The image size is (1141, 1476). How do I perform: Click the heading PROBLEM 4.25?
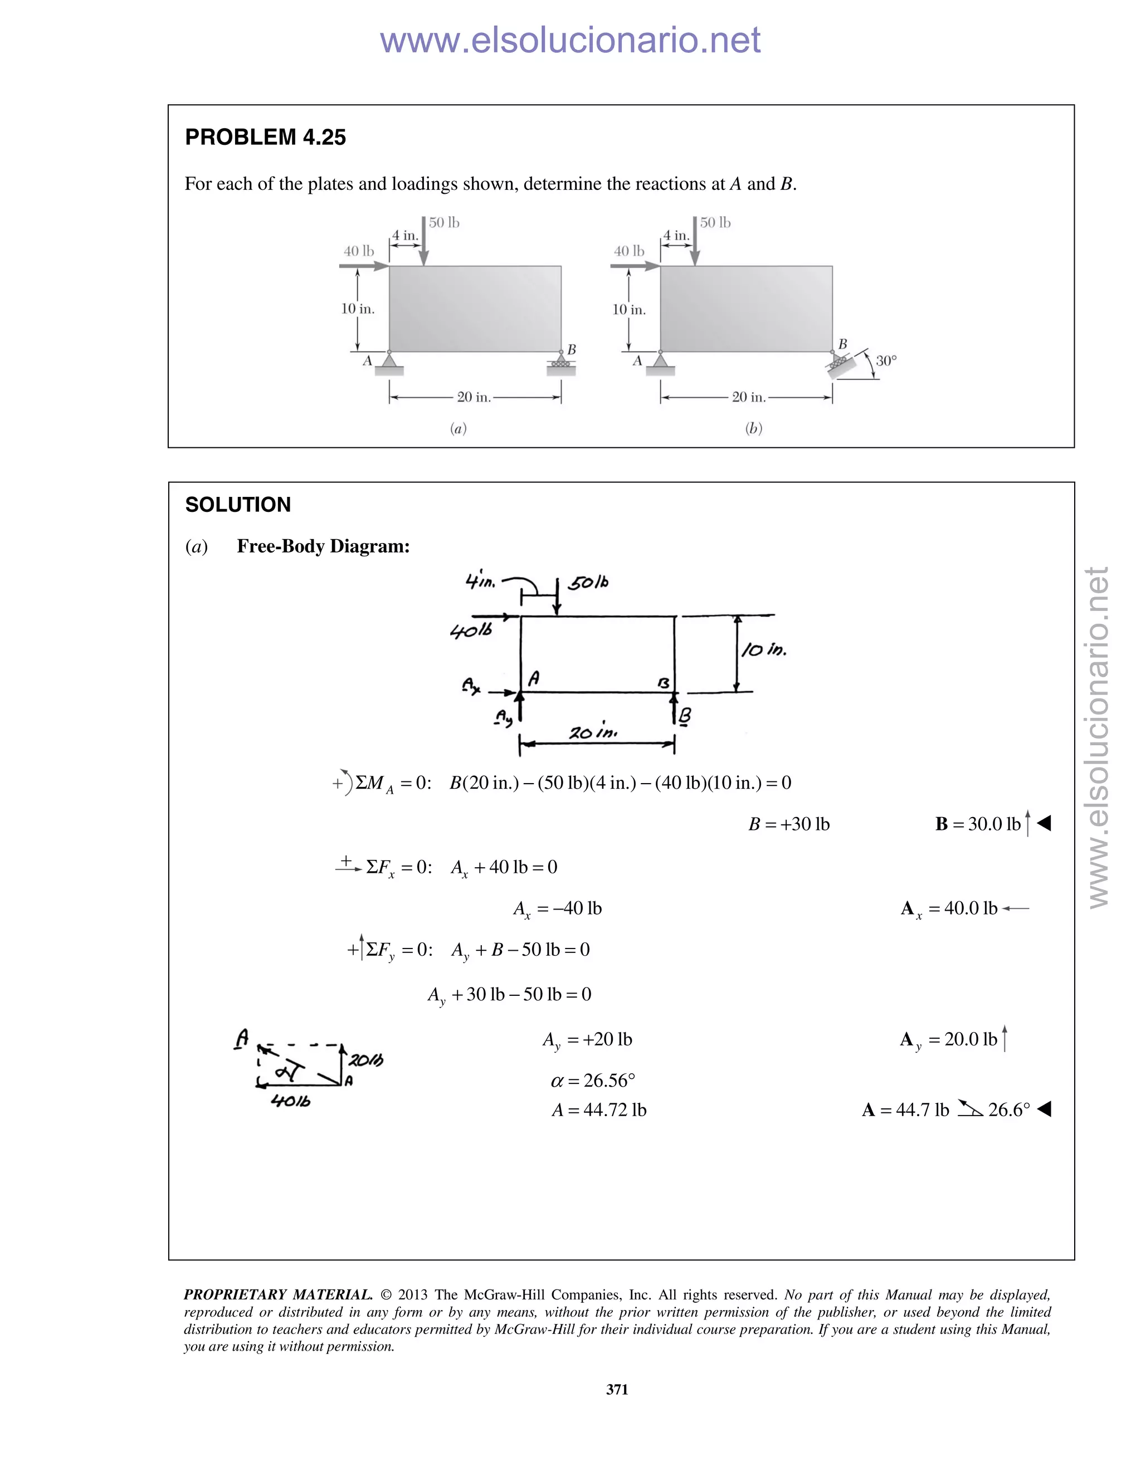(x=265, y=137)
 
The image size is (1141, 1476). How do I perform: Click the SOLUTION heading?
(x=238, y=505)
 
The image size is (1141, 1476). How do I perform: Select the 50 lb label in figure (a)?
(x=444, y=223)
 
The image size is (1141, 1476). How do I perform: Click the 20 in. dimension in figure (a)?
(x=474, y=397)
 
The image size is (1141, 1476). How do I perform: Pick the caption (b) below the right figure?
(x=753, y=428)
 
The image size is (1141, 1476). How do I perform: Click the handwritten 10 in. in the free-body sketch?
(x=764, y=650)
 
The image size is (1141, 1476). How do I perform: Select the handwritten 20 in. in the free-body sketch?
(x=593, y=732)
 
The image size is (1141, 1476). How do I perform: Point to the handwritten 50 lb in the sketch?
(x=588, y=583)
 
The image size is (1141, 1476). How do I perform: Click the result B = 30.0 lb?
(x=978, y=824)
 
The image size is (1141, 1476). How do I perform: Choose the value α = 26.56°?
(x=593, y=1081)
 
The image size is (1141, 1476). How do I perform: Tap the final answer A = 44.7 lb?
(x=906, y=1110)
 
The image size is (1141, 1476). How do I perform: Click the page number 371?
(x=617, y=1390)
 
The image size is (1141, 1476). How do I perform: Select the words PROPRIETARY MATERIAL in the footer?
(x=278, y=1295)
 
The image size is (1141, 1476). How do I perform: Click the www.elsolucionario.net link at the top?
(x=570, y=40)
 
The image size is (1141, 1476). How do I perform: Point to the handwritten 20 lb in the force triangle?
(x=365, y=1060)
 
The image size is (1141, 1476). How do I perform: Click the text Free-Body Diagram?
(x=323, y=546)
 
